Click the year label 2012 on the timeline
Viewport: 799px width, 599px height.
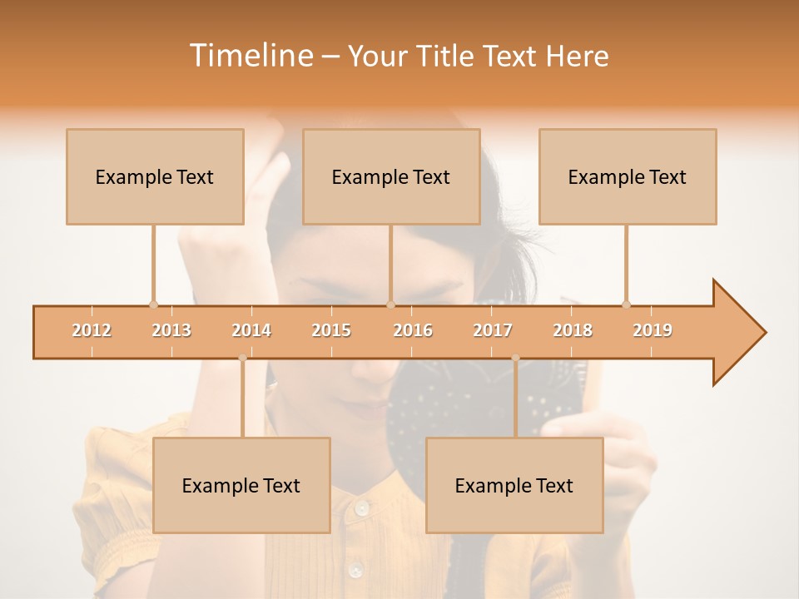click(x=92, y=330)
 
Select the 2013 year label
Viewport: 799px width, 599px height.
click(x=171, y=330)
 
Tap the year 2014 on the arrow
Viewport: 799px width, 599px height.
click(x=251, y=330)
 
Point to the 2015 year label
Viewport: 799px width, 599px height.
click(x=331, y=330)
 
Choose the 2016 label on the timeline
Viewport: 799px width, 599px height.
click(x=413, y=330)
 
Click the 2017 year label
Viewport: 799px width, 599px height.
click(x=493, y=330)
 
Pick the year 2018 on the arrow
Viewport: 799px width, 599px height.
click(x=573, y=330)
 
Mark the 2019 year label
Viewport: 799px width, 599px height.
click(x=653, y=330)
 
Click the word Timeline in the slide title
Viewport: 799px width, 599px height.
click(x=249, y=56)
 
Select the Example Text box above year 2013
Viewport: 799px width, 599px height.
click(x=155, y=176)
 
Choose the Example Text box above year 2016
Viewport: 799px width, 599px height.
click(x=391, y=176)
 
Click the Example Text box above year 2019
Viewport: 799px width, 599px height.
click(x=628, y=176)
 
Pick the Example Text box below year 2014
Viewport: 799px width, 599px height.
click(x=241, y=485)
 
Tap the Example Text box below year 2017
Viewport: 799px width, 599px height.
click(x=514, y=485)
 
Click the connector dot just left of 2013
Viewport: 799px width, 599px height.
click(x=153, y=304)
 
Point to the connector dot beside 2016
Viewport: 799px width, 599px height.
click(x=390, y=304)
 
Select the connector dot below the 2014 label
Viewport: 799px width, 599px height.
click(x=242, y=358)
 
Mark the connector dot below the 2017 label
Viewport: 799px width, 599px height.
click(x=515, y=358)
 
